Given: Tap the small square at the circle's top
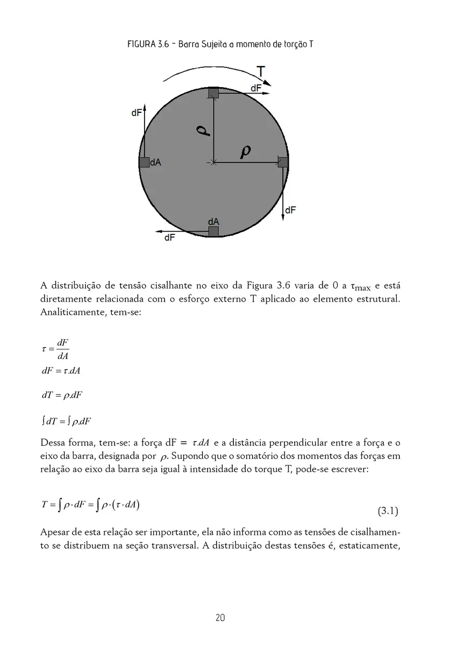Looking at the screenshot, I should pyautogui.click(x=213, y=92).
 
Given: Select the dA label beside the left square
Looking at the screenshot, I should pyautogui.click(x=155, y=162).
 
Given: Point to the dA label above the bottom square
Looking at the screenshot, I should pyautogui.click(x=213, y=221).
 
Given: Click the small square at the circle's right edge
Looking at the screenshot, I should pyautogui.click(x=283, y=162).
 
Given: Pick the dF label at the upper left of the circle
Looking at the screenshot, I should pyautogui.click(x=137, y=113).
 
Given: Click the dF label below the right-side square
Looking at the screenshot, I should pyautogui.click(x=290, y=210).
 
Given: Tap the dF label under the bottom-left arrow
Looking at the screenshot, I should pyautogui.click(x=169, y=237).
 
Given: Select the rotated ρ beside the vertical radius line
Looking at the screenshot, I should pyautogui.click(x=202, y=131).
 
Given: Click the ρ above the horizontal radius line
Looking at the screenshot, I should pyautogui.click(x=246, y=152).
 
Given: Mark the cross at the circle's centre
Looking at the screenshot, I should pyautogui.click(x=213, y=162).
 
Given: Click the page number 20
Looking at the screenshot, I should pyautogui.click(x=219, y=618).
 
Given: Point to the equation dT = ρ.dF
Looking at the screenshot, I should pyautogui.click(x=62, y=395).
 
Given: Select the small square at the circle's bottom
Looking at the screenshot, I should pyautogui.click(x=213, y=231).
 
